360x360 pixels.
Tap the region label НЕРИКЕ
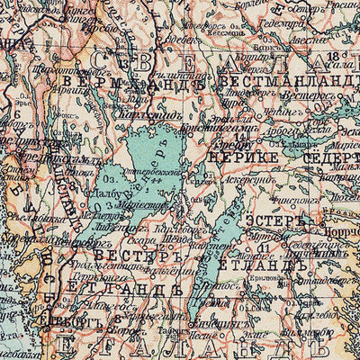click(236, 155)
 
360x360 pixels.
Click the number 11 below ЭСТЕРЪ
click(263, 245)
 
